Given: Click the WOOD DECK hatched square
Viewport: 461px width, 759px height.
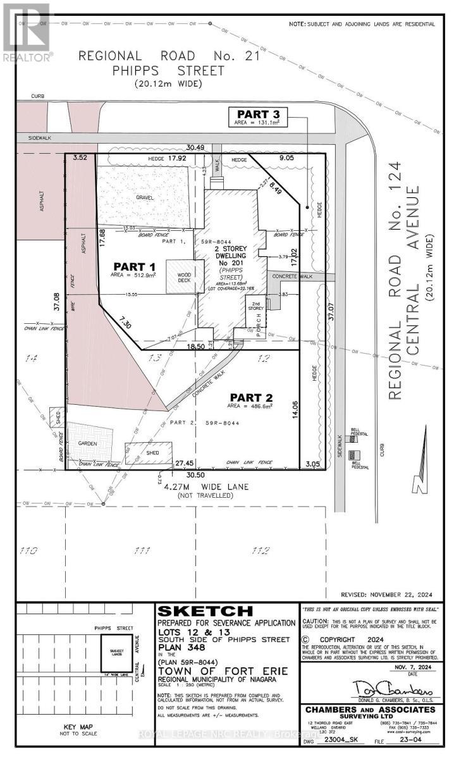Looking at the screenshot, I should tap(180, 276).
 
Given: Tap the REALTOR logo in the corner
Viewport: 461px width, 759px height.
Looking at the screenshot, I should tap(27, 32).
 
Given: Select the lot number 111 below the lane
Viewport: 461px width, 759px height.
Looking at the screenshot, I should tap(140, 550).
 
